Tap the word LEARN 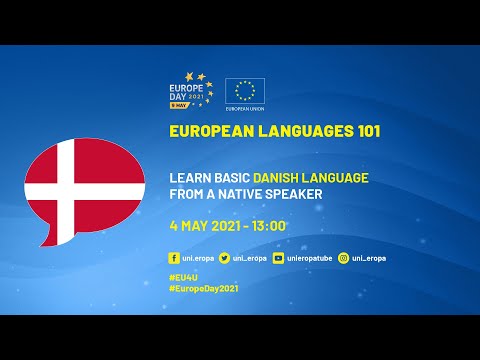click(x=191, y=177)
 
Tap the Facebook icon click(x=175, y=258)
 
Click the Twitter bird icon click(x=225, y=258)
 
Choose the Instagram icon click(x=343, y=258)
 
